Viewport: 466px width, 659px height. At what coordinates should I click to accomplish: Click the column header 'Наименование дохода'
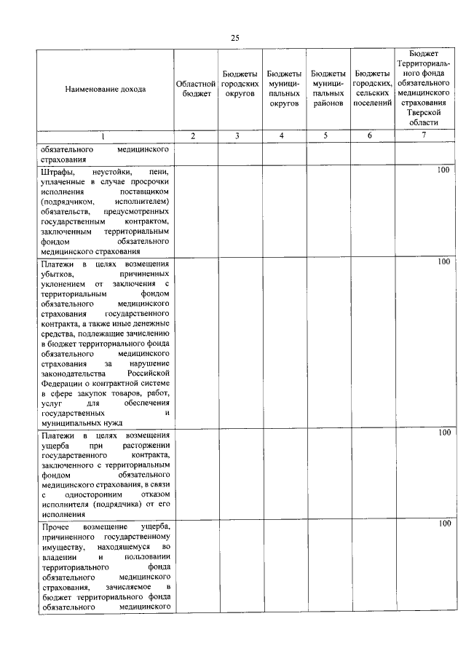105,89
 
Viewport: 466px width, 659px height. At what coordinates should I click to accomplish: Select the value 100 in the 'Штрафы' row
443,170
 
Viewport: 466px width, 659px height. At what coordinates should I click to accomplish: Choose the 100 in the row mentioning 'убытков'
443,261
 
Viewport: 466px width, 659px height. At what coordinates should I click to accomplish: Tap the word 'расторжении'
146,444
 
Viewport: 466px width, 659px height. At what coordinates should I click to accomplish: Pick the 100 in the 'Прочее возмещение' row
443,524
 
